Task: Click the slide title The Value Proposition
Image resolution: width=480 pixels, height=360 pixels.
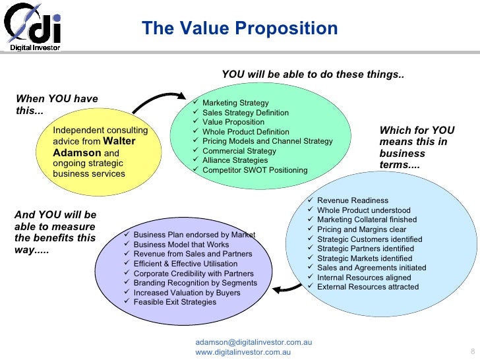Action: click(x=239, y=28)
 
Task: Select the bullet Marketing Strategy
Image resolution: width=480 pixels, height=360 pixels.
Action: click(x=235, y=103)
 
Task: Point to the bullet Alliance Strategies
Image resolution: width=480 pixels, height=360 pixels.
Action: click(x=235, y=160)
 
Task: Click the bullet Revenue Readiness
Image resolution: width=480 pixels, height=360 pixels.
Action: click(x=352, y=200)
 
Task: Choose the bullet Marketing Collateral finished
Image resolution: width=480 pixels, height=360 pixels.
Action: click(x=367, y=220)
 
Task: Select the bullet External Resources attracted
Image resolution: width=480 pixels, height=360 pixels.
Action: click(x=367, y=287)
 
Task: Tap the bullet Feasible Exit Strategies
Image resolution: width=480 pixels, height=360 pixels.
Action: click(x=174, y=302)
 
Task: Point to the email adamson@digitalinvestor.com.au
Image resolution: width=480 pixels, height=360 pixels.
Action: click(x=253, y=342)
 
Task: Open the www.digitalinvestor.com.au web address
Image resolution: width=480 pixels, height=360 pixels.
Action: click(x=244, y=353)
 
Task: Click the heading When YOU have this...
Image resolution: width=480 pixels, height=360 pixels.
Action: click(x=56, y=105)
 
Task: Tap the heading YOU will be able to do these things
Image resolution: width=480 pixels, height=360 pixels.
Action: click(x=313, y=75)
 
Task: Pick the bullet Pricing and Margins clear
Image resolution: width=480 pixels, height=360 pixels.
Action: click(x=361, y=229)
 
